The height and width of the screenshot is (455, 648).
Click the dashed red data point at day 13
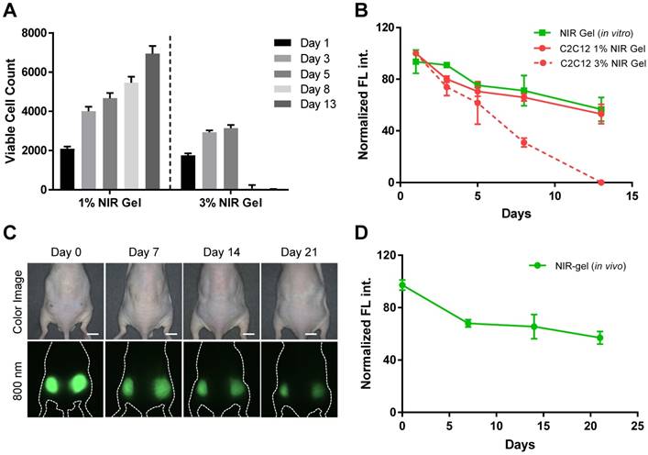pos(601,183)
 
